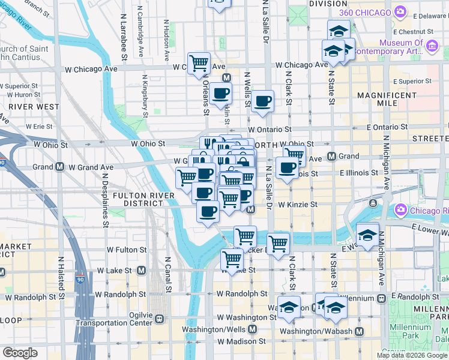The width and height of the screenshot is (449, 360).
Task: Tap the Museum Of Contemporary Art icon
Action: click(x=431, y=46)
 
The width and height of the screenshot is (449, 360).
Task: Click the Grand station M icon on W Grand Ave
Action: click(x=60, y=167)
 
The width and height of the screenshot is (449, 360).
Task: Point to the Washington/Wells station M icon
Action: click(x=252, y=329)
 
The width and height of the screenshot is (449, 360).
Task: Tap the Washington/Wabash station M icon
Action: click(x=359, y=331)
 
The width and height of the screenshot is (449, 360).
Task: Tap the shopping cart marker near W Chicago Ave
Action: click(x=199, y=62)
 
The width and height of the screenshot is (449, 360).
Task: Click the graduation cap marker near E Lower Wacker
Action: click(x=367, y=235)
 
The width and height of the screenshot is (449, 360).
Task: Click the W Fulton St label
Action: click(x=126, y=250)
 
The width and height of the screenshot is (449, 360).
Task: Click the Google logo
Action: click(x=20, y=353)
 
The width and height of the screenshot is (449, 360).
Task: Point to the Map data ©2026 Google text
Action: click(x=412, y=355)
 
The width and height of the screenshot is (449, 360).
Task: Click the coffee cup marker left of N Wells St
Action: click(x=220, y=93)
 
